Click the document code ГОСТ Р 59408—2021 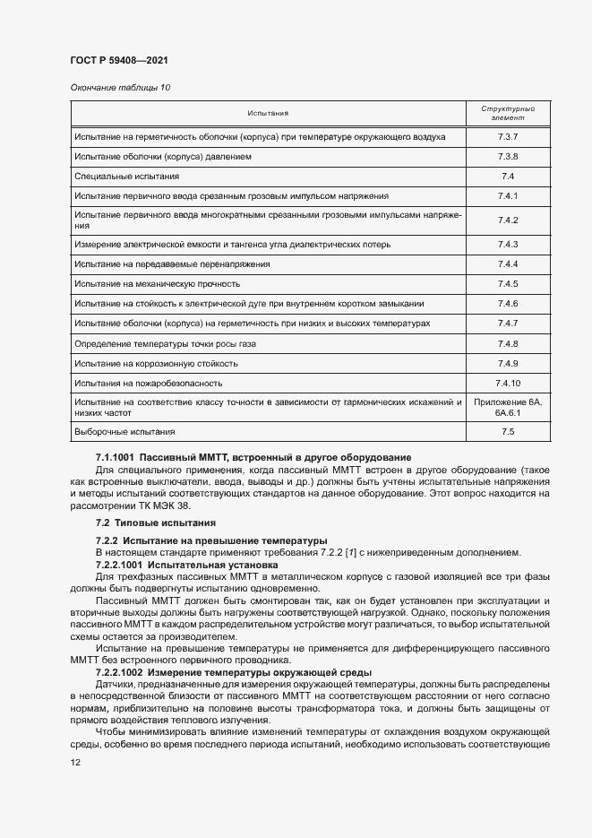[x=118, y=60]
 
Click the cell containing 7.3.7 [x=508, y=137]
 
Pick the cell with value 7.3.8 [x=508, y=157]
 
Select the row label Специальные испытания [x=127, y=177]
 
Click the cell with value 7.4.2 [x=508, y=220]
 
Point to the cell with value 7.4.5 [x=508, y=284]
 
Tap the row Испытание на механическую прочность [x=158, y=284]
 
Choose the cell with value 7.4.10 [x=508, y=383]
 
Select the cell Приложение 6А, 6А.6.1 [x=508, y=408]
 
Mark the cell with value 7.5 [x=508, y=433]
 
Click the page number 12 [x=75, y=762]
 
